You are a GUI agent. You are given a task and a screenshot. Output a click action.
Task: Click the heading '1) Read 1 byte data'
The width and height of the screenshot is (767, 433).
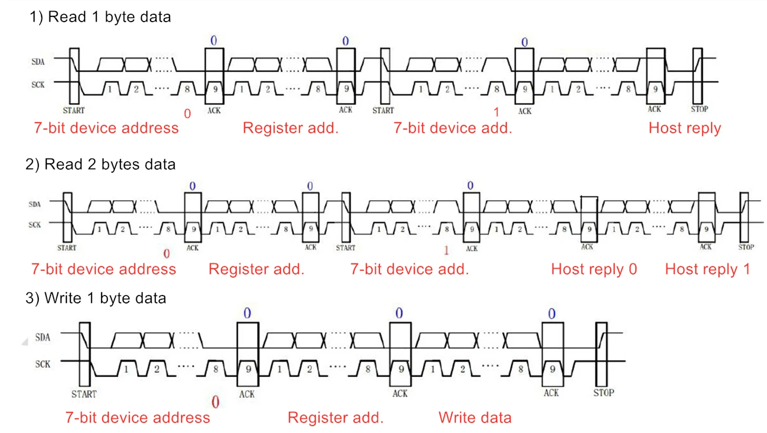(x=100, y=17)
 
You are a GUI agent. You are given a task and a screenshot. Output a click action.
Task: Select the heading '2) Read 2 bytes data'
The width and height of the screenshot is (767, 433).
(x=101, y=164)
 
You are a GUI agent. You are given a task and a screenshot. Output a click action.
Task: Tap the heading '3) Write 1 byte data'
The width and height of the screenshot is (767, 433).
(x=96, y=298)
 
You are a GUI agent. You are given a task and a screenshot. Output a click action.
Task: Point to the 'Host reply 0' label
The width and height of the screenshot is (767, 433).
(x=594, y=269)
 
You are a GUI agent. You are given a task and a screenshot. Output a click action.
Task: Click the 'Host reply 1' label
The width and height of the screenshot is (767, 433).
(x=708, y=269)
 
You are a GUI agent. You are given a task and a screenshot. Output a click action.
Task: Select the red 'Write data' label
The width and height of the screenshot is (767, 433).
(x=475, y=418)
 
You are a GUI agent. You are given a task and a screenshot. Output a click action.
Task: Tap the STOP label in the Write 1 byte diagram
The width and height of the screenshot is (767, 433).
(x=604, y=392)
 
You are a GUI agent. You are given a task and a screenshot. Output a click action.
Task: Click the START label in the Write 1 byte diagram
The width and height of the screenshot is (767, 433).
(x=84, y=394)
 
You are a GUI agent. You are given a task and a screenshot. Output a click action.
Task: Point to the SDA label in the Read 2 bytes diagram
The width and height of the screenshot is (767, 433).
(x=35, y=204)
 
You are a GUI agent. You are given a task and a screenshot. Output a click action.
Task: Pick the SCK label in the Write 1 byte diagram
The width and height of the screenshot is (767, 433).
(x=43, y=364)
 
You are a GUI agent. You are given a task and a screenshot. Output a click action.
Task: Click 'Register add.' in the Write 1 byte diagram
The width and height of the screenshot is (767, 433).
(x=335, y=418)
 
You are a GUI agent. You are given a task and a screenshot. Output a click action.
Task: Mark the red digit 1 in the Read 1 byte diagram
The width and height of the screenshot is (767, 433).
(x=496, y=112)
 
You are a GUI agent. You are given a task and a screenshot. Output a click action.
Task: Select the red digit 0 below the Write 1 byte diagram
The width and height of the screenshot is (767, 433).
(x=215, y=402)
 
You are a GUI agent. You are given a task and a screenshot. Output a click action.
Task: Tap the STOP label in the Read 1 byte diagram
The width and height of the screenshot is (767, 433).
(x=699, y=109)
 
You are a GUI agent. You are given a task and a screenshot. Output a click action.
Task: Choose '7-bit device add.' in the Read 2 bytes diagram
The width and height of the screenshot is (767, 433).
(x=410, y=269)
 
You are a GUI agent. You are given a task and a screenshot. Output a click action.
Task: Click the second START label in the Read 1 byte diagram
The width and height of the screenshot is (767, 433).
(x=383, y=110)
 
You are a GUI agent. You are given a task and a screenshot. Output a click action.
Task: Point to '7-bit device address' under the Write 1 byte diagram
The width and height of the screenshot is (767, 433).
(x=137, y=418)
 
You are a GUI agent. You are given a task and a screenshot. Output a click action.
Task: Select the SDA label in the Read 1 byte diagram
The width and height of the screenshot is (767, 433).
(x=38, y=62)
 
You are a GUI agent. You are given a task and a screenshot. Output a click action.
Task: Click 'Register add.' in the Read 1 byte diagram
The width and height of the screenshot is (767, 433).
(x=291, y=128)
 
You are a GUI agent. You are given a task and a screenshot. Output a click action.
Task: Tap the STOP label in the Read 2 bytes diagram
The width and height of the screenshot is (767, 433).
(x=746, y=247)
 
